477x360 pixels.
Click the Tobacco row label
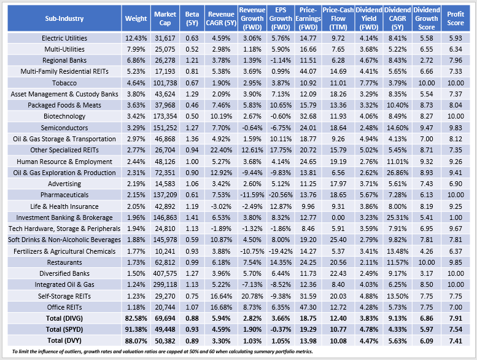(x=64, y=82)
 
